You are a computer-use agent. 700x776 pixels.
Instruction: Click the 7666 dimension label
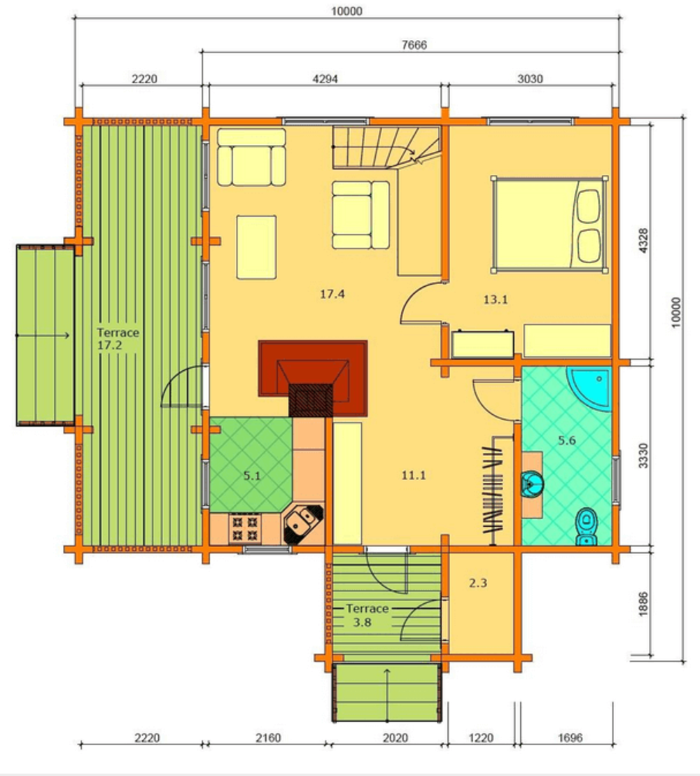(x=414, y=45)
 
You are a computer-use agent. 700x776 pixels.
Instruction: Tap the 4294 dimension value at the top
(x=325, y=78)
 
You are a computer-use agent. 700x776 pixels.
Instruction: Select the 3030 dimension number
(x=530, y=78)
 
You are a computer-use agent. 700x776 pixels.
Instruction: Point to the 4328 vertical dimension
(x=643, y=241)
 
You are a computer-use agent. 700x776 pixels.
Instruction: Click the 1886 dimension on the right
(x=643, y=604)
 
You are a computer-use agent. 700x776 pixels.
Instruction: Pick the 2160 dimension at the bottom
(x=268, y=738)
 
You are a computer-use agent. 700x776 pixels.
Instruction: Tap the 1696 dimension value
(x=570, y=738)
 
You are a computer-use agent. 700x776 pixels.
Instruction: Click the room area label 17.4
(x=332, y=294)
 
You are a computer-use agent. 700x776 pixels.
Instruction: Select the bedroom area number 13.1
(x=496, y=299)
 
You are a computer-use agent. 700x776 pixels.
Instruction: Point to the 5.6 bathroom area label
(x=567, y=440)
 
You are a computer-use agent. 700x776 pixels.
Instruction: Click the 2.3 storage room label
(x=477, y=583)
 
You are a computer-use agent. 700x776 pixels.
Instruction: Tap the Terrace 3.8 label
(x=367, y=615)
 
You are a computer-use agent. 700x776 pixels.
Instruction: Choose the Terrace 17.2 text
(x=118, y=339)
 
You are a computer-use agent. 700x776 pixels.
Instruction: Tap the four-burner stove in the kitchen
(x=245, y=528)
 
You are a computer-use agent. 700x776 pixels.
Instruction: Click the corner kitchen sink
(x=303, y=523)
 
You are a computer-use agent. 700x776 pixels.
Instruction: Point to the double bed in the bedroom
(x=549, y=224)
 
